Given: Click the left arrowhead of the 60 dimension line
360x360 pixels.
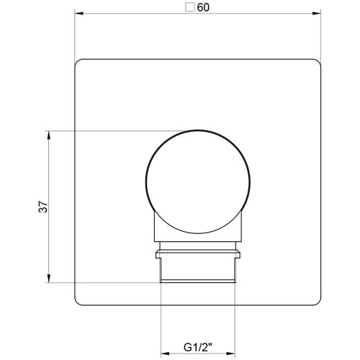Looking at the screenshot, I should [x=78, y=12].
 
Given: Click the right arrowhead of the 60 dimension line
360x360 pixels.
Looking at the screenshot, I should [x=318, y=12].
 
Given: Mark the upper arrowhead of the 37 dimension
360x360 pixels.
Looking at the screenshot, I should [x=48, y=134].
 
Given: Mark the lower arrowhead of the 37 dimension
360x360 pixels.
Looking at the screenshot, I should [x=48, y=279].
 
